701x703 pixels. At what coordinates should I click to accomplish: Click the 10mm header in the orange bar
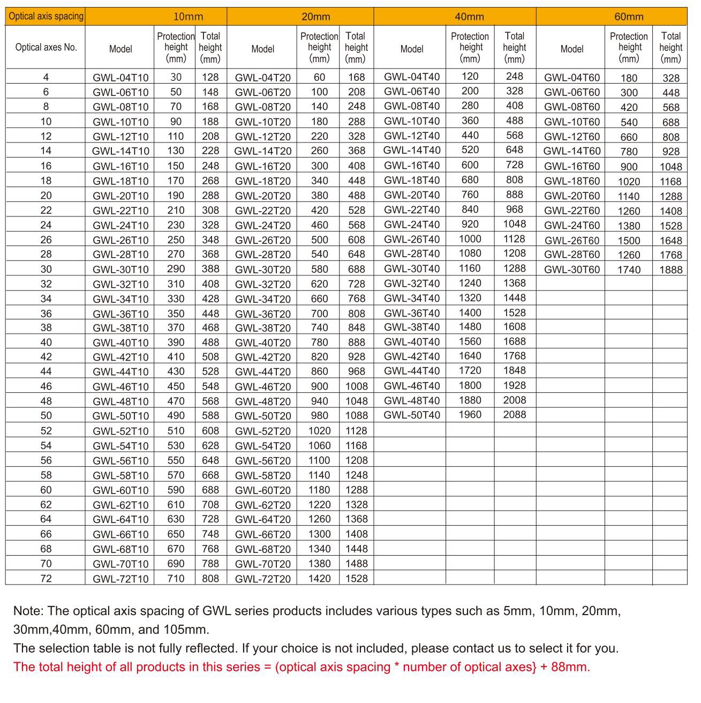(188, 17)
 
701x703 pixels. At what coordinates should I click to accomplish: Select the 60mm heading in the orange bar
(629, 17)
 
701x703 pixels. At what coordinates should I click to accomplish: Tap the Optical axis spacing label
(46, 16)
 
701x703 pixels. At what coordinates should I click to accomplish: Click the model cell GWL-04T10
(120, 78)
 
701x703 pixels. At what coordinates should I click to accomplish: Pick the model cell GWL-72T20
(262, 579)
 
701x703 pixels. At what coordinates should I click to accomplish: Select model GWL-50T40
(411, 415)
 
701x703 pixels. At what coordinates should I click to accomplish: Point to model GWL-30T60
(571, 270)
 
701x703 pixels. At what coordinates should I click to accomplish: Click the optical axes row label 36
(46, 313)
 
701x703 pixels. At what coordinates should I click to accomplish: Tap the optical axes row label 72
(46, 578)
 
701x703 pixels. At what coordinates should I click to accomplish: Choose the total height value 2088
(514, 414)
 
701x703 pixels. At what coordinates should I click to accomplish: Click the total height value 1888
(670, 270)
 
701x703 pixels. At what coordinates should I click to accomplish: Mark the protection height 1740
(629, 270)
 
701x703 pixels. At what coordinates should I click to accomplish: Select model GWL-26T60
(571, 240)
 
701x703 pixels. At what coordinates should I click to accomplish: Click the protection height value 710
(176, 578)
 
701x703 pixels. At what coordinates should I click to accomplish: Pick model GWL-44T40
(411, 371)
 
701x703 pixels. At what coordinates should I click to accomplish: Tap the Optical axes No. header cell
(46, 47)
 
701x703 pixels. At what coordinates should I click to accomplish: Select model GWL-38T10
(120, 328)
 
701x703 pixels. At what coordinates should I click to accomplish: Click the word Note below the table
(28, 611)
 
